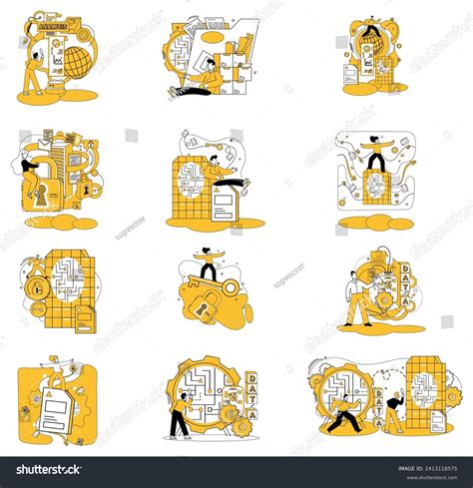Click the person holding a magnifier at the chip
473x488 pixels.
[394, 411]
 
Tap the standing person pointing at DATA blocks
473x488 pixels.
[355, 299]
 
